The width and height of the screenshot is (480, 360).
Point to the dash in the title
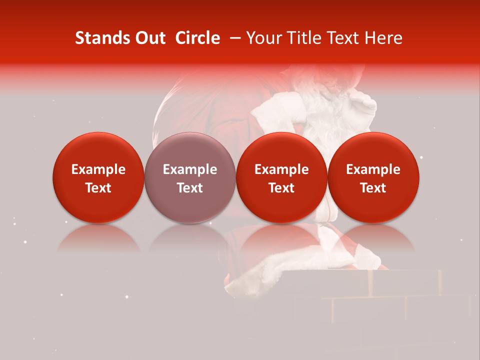(233, 38)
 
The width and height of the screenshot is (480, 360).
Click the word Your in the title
(262, 38)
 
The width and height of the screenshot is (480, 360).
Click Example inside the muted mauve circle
(190, 169)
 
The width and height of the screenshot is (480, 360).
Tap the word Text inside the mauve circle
(190, 188)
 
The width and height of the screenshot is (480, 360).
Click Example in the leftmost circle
(98, 169)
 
